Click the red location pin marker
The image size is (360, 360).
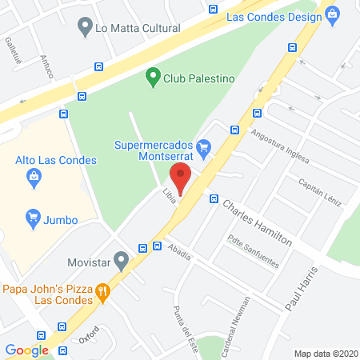coord(181,180)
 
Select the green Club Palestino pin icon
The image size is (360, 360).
coord(152,78)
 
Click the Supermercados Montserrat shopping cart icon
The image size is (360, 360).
coord(204,146)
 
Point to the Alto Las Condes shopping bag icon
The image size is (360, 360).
coord(33,180)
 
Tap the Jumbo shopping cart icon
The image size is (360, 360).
coord(33,216)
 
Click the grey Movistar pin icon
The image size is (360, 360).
coord(122,260)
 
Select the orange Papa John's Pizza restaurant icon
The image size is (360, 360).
coord(102,292)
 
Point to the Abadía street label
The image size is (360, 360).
coord(181,252)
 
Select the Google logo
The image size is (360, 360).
coord(26,350)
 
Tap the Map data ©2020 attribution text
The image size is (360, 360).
coord(326,354)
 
